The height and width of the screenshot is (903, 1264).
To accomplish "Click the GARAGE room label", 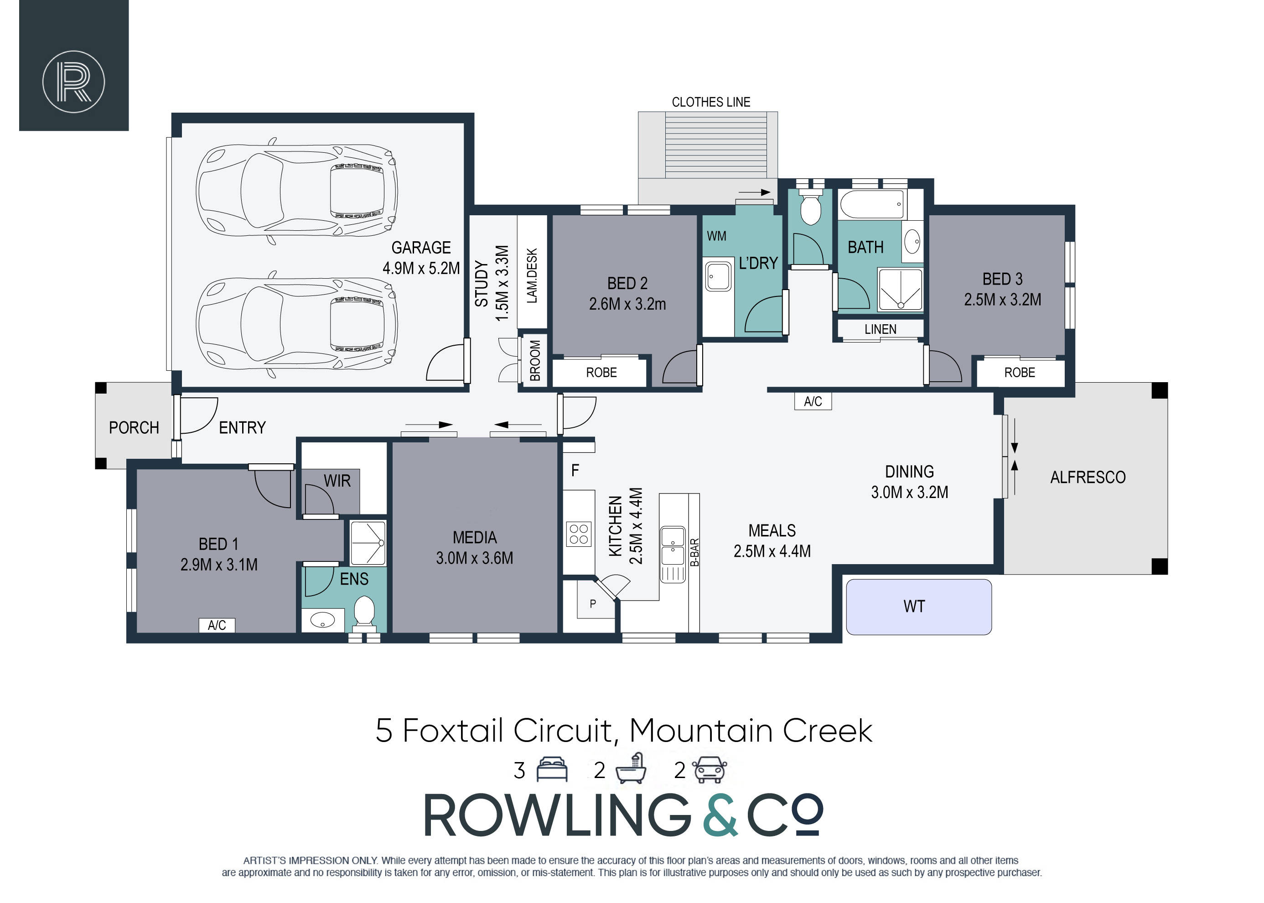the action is tap(421, 248).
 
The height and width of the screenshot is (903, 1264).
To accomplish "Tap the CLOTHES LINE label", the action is tap(710, 102).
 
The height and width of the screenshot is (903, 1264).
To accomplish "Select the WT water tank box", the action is tap(918, 607).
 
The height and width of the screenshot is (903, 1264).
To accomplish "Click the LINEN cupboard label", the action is tap(880, 329).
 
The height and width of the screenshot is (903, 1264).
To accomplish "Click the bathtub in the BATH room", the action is tap(872, 205).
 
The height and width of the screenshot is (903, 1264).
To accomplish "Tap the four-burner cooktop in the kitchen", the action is tap(579, 534).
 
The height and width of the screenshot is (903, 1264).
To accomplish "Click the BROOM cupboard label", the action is tap(535, 360).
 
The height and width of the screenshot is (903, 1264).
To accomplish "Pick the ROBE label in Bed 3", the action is tap(1020, 373).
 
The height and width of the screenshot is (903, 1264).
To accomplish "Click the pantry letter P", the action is tap(592, 603).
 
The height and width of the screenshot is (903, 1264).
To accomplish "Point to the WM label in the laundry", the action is tap(716, 236).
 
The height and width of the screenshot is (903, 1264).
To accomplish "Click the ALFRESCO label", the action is tap(1087, 477).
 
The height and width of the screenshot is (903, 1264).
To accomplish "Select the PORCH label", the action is tap(134, 428).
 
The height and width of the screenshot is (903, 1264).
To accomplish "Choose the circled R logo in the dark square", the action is tap(73, 82).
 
